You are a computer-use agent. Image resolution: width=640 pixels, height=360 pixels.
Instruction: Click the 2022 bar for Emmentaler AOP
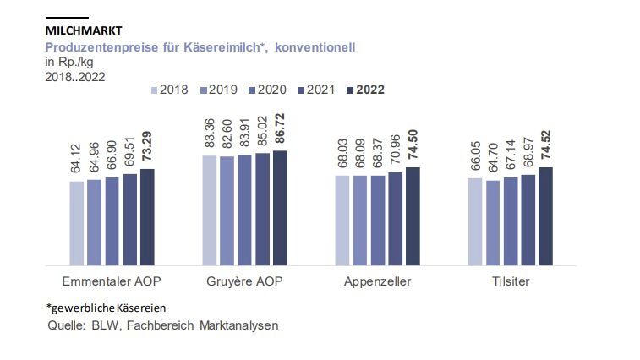click(147, 217)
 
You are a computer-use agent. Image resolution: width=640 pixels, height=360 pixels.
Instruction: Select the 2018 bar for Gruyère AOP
click(210, 210)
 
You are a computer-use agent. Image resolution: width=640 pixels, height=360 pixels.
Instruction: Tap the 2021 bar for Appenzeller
click(396, 219)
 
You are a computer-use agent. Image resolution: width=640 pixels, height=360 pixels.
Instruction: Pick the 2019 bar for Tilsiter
click(493, 223)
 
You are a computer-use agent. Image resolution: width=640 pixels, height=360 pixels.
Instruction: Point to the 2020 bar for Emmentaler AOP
click(112, 221)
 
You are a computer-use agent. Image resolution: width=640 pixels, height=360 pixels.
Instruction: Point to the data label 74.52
click(546, 148)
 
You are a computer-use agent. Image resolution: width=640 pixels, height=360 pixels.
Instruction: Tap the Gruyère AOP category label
click(244, 281)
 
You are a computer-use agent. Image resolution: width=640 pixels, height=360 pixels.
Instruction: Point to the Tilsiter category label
click(510, 281)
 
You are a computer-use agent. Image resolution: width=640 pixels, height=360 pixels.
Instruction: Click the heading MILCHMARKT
click(83, 31)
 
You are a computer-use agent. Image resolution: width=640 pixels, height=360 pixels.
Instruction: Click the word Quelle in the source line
click(65, 325)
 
